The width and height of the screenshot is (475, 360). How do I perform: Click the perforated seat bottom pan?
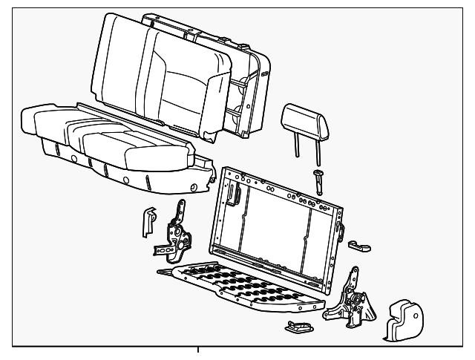[x=245, y=286]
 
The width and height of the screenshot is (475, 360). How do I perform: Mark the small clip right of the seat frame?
[x=362, y=246]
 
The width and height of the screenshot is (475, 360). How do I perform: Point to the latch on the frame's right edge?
[x=340, y=226]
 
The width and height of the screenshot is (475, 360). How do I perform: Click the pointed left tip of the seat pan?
[x=162, y=272]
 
